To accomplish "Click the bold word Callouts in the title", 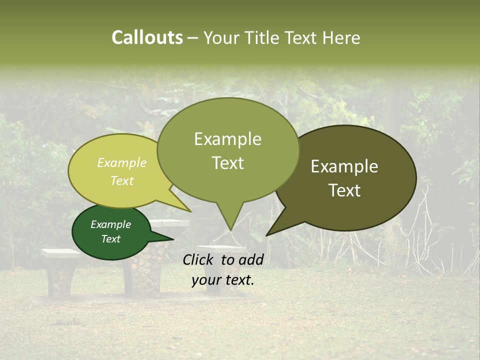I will coord(147,37).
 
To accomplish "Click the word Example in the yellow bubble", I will coord(122,163).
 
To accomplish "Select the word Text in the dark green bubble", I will coord(111,239).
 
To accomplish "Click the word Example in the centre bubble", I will coord(227,139).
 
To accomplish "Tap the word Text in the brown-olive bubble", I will coord(345,190).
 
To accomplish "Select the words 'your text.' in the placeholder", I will coord(223,280).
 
